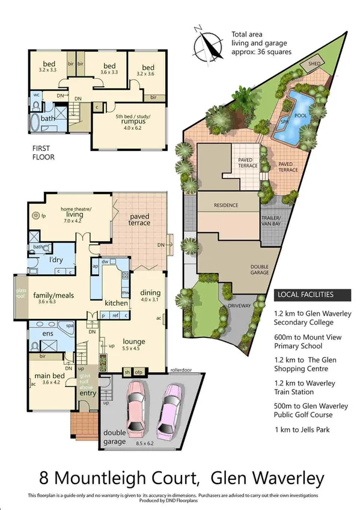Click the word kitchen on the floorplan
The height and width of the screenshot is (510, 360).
point(115,303)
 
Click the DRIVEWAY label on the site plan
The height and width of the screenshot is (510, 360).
point(240,306)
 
